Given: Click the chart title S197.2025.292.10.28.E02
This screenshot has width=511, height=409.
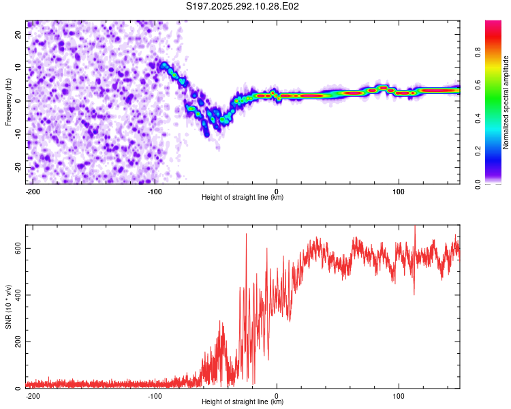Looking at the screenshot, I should [243, 6].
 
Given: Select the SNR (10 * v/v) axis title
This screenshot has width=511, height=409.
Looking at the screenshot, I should [7, 307].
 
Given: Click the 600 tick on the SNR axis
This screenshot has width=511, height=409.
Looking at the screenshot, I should [18, 248].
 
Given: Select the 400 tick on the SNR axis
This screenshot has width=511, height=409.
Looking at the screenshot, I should [18, 295].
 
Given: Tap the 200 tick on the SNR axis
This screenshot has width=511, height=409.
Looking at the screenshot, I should [18, 342].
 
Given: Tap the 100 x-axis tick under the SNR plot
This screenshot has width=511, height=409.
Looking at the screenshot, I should [399, 396].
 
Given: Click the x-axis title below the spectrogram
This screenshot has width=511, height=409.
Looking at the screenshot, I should [243, 198].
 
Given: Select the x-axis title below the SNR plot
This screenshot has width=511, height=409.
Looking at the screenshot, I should [243, 402].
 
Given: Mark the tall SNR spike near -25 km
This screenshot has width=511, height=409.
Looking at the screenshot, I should [247, 236].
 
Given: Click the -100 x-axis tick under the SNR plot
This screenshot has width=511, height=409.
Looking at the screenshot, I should [154, 396].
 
